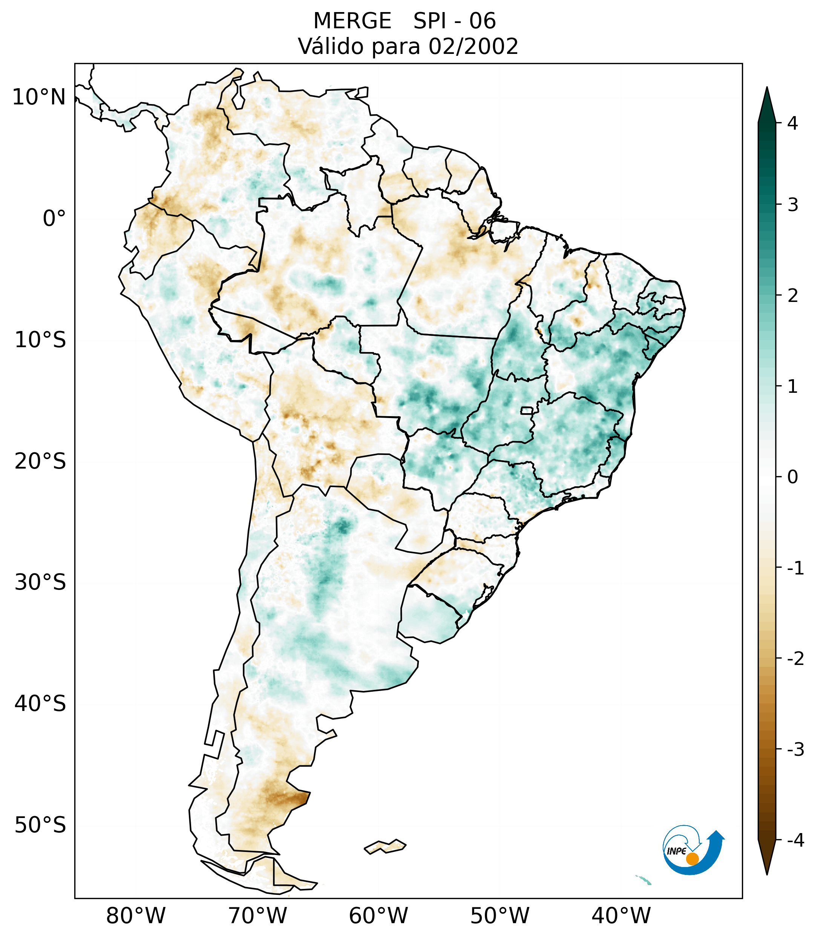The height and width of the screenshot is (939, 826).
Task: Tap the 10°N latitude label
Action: coord(39,97)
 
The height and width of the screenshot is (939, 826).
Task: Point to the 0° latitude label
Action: coord(54,219)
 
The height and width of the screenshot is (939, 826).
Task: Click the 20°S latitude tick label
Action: coord(40,461)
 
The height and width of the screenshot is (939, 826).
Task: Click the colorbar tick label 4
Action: coord(792,123)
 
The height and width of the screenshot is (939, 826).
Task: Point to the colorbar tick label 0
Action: coord(792,477)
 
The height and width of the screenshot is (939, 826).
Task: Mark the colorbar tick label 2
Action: coord(792,296)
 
